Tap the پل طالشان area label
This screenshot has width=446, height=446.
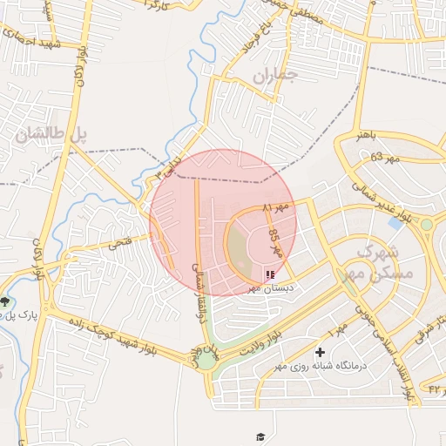click(51, 134)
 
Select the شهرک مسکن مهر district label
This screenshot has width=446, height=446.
click(389, 260)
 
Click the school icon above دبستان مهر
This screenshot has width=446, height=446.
click(270, 274)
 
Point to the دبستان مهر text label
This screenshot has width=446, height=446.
click(271, 287)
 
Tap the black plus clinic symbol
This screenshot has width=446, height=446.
click(321, 353)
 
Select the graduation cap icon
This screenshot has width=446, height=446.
click(260, 436)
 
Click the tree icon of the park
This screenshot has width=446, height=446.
click(6, 301)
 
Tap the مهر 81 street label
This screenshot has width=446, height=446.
click(274, 208)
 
